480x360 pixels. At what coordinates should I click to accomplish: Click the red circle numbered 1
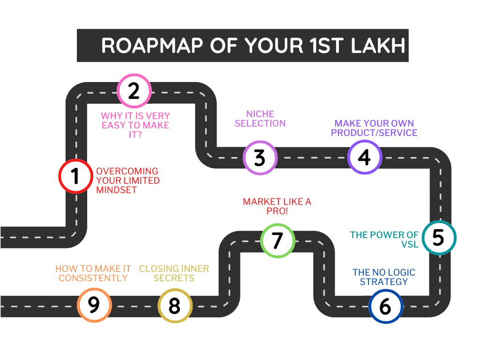(75, 176)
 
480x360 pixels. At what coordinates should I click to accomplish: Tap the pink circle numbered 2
(134, 90)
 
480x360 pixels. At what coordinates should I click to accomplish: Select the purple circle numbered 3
(260, 157)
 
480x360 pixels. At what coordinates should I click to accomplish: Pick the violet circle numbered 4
(365, 157)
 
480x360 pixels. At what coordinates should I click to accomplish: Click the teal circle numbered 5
(438, 238)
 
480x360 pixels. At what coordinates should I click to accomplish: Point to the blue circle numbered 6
(385, 307)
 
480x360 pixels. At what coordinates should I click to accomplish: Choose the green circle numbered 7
(277, 240)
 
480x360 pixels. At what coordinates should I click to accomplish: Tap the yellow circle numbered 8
(174, 306)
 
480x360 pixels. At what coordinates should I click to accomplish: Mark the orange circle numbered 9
(94, 305)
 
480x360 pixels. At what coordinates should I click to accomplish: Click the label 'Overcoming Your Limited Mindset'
(127, 180)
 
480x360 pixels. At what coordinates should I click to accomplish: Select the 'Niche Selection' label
(260, 119)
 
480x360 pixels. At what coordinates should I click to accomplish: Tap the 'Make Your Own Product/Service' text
(374, 128)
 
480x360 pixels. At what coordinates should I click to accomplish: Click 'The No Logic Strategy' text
(384, 277)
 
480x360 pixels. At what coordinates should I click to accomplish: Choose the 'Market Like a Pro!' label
(277, 207)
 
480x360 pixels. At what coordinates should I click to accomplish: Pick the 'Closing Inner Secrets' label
(174, 273)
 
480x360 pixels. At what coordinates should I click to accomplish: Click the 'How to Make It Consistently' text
(93, 273)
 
